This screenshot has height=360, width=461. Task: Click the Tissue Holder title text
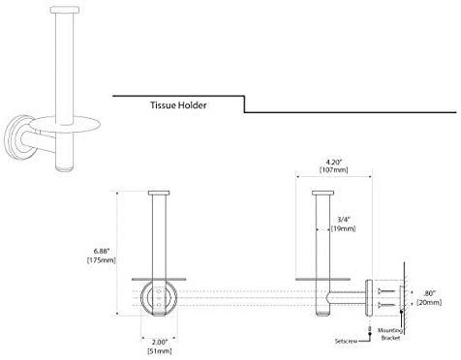178,105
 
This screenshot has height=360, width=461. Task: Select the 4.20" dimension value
333,163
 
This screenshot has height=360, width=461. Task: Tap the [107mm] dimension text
334,169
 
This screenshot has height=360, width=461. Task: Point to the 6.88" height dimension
102,251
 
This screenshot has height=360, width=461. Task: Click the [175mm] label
102,259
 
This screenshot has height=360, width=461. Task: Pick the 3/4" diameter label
344,220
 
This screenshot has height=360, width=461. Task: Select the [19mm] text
343,228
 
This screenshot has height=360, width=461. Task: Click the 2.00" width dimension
160,342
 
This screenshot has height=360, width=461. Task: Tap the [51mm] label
160,350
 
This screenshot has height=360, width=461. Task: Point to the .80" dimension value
430,293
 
